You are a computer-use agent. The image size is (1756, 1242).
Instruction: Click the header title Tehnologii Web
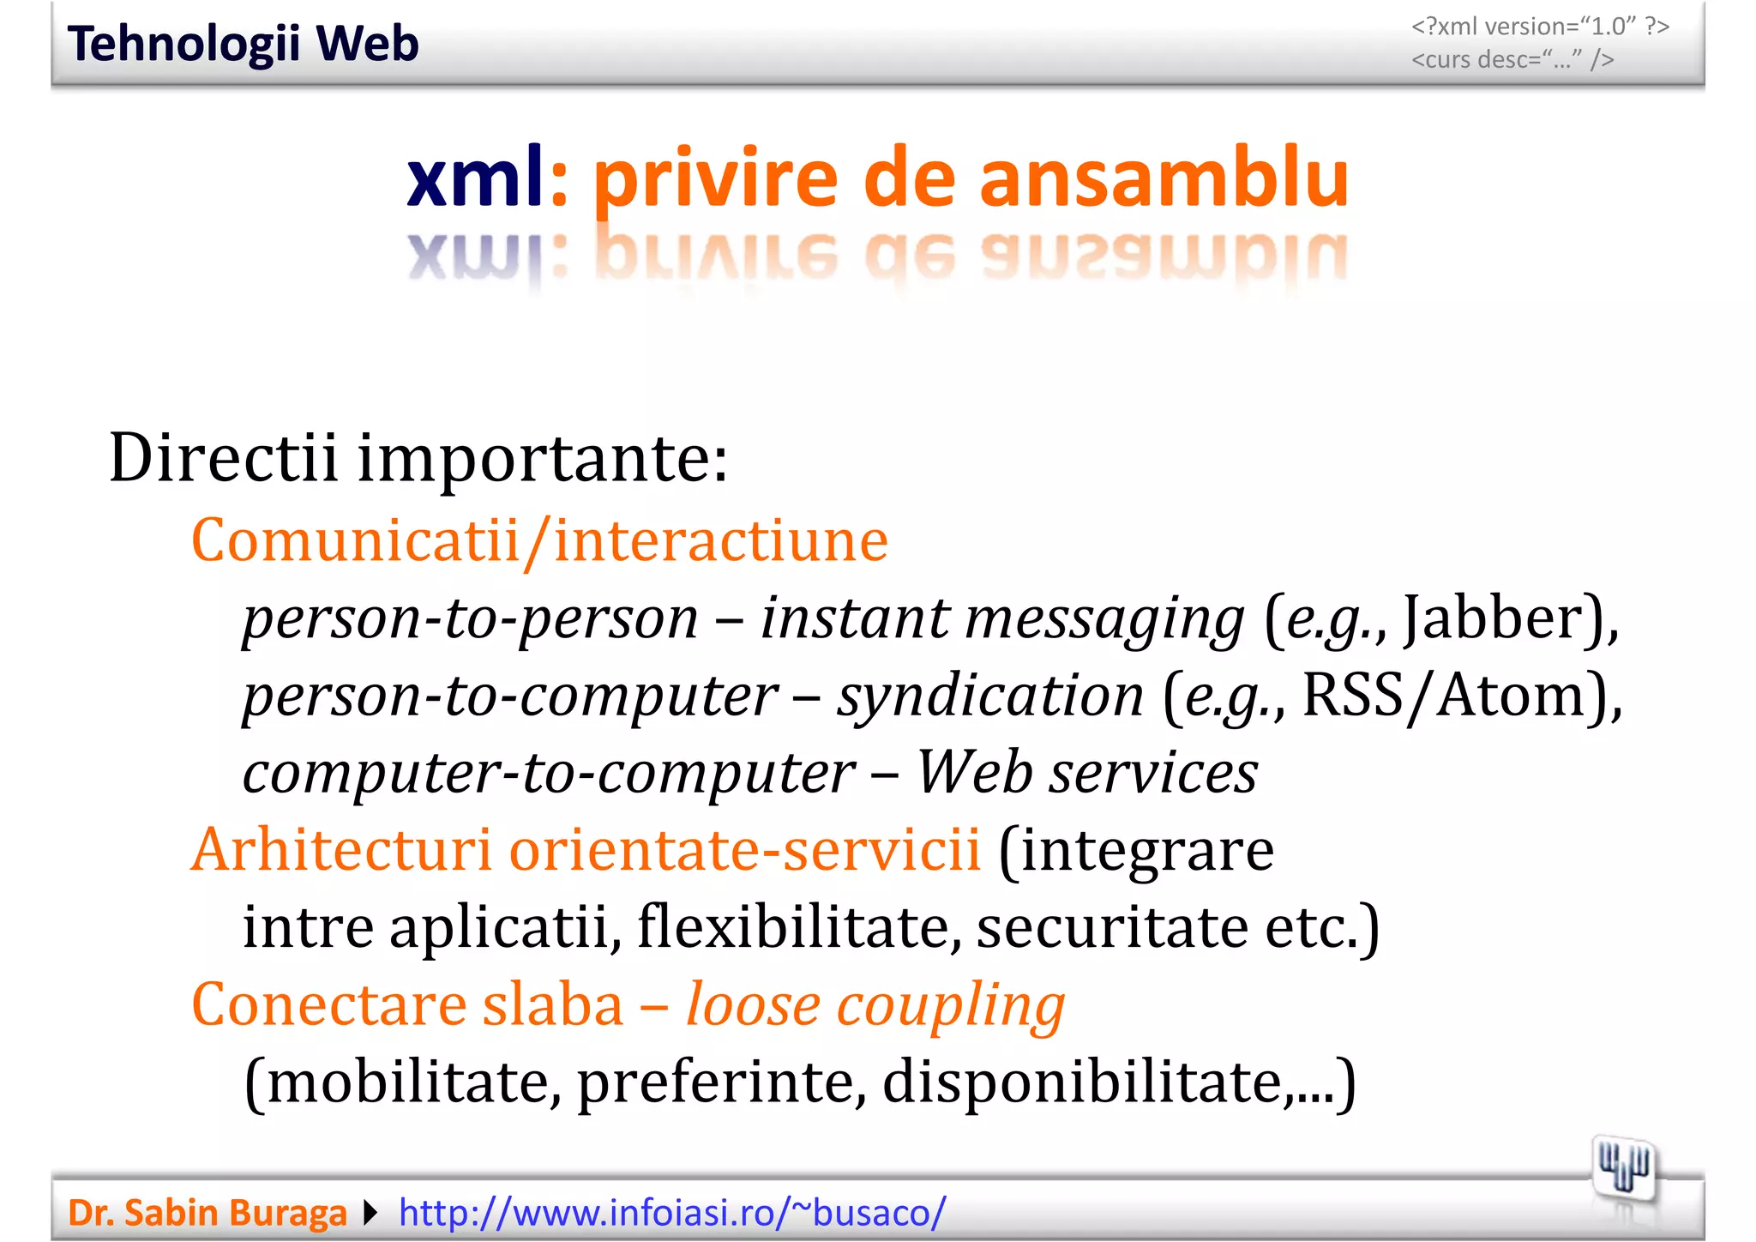pyautogui.click(x=243, y=44)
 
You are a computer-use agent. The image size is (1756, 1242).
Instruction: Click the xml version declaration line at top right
pyautogui.click(x=1540, y=27)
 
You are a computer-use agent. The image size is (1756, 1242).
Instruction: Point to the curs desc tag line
pyautogui.click(x=1512, y=59)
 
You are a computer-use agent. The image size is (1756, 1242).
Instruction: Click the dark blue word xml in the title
pyautogui.click(x=475, y=178)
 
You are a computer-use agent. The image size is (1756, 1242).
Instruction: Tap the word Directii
pyautogui.click(x=224, y=458)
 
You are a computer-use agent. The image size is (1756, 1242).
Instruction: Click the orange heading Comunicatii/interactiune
pyautogui.click(x=539, y=540)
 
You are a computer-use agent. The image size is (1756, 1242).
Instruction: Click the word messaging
pyautogui.click(x=1104, y=619)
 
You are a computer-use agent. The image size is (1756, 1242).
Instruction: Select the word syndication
pyautogui.click(x=990, y=696)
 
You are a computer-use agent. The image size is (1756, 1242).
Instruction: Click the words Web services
pyautogui.click(x=1087, y=772)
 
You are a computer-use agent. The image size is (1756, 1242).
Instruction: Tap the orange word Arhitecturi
pyautogui.click(x=341, y=850)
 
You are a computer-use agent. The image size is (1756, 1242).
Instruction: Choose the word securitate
pyautogui.click(x=1112, y=927)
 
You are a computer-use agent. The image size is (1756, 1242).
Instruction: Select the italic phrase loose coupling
pyautogui.click(x=875, y=1005)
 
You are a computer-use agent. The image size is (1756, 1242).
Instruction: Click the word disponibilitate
pyautogui.click(x=1084, y=1082)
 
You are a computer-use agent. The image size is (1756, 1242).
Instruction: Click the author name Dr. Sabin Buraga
pyautogui.click(x=207, y=1213)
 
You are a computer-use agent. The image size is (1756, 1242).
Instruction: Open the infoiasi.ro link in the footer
pyautogui.click(x=672, y=1213)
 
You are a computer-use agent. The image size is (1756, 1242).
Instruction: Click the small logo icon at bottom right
pyautogui.click(x=1624, y=1169)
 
